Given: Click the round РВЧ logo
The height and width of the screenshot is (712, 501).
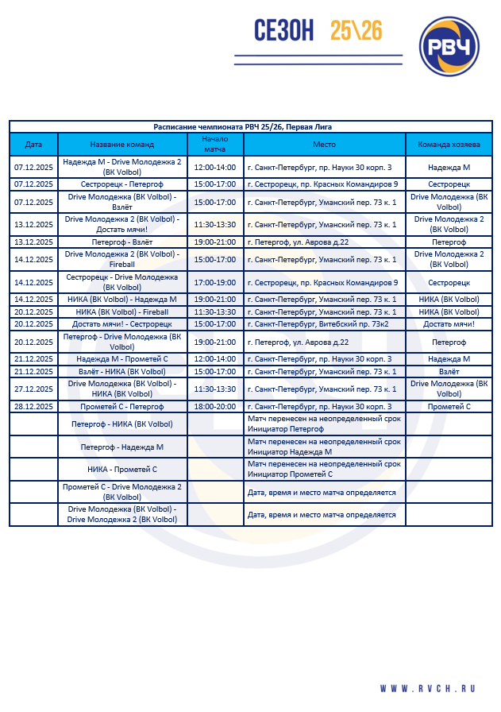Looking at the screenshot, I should (449, 47).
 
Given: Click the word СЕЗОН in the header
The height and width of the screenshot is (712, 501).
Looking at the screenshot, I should (284, 31).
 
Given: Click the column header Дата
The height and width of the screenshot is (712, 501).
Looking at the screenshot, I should (33, 145).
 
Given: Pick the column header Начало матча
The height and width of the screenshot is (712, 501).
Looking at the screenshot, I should (215, 145).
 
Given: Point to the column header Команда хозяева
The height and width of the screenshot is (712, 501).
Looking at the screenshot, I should (449, 145).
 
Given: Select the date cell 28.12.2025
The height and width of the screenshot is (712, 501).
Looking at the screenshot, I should (33, 406).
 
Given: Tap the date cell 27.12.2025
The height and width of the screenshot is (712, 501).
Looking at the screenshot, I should (33, 389).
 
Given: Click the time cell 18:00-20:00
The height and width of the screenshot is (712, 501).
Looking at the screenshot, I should (215, 406).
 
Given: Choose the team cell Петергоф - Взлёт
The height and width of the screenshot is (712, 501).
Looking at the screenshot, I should (122, 241).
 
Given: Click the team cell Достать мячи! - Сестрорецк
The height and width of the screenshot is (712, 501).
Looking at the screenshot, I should (122, 323).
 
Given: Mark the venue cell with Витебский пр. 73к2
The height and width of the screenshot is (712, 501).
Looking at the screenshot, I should (324, 323).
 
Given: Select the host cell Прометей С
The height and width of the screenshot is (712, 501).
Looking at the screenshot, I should (449, 406).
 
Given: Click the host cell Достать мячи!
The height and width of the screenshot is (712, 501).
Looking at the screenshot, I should (449, 323).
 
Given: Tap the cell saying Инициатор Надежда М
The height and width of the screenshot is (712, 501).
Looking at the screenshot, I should (324, 447).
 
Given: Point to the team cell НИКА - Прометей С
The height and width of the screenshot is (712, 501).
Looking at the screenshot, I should (122, 469).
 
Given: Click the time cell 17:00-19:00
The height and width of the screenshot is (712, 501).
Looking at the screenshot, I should (215, 282).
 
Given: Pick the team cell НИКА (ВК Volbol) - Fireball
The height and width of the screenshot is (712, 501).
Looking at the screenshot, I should (122, 311).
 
